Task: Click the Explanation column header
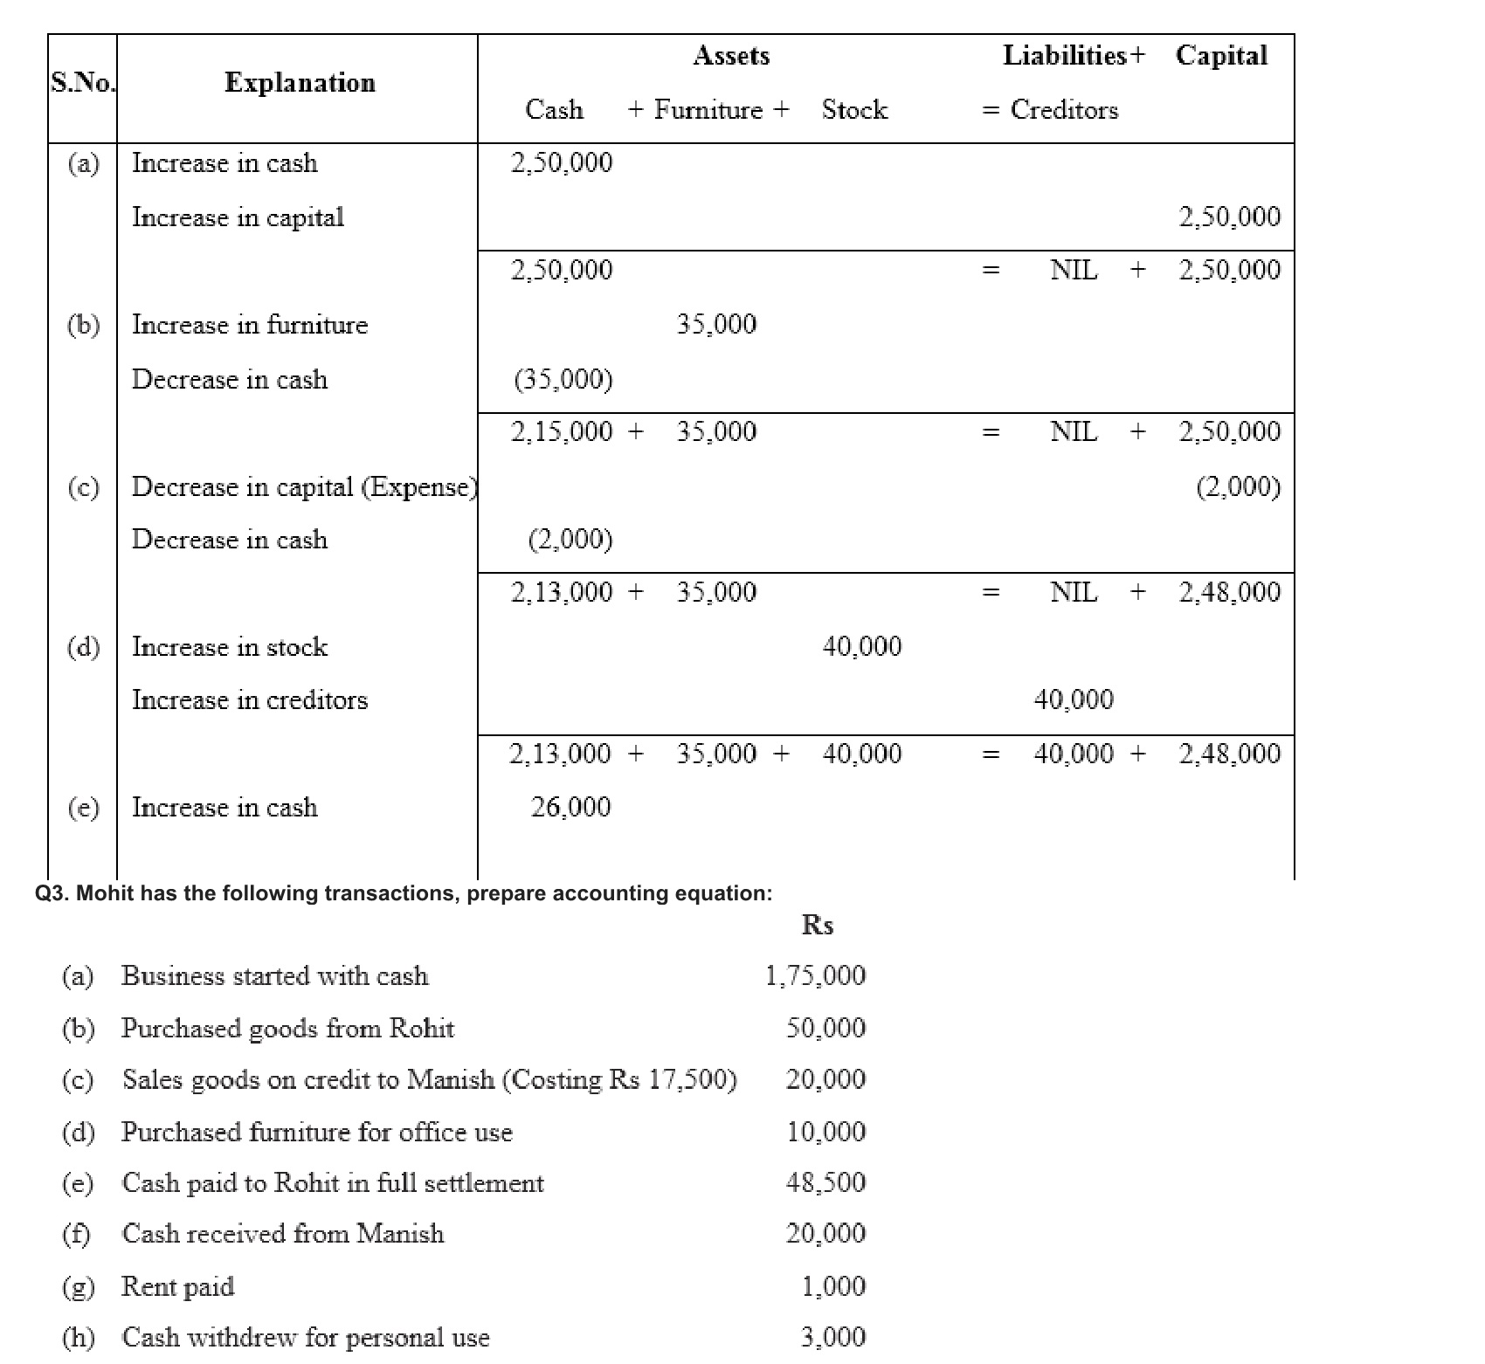[x=300, y=83]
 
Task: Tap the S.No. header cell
[x=82, y=83]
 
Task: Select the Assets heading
[x=731, y=56]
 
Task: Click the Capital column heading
[x=1221, y=56]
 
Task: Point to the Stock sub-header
[x=854, y=110]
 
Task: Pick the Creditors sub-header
[x=1064, y=110]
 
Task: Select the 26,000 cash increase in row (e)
[x=570, y=807]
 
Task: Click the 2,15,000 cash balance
[x=562, y=431]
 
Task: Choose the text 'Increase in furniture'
[x=250, y=325]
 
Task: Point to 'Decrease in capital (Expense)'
[x=304, y=486]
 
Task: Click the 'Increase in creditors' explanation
[x=250, y=700]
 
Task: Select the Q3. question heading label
[x=403, y=893]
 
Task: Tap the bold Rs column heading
[x=818, y=925]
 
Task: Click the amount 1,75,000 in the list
[x=815, y=975]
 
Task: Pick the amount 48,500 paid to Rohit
[x=825, y=1182]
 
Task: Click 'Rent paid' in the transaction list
[x=178, y=1286]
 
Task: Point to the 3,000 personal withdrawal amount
[x=833, y=1337]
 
